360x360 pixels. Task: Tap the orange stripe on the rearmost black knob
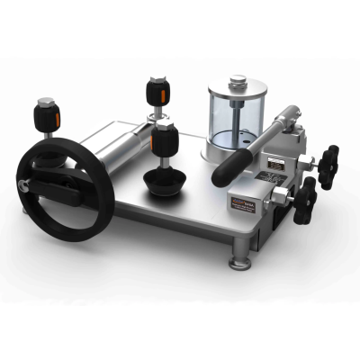click(159, 90)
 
